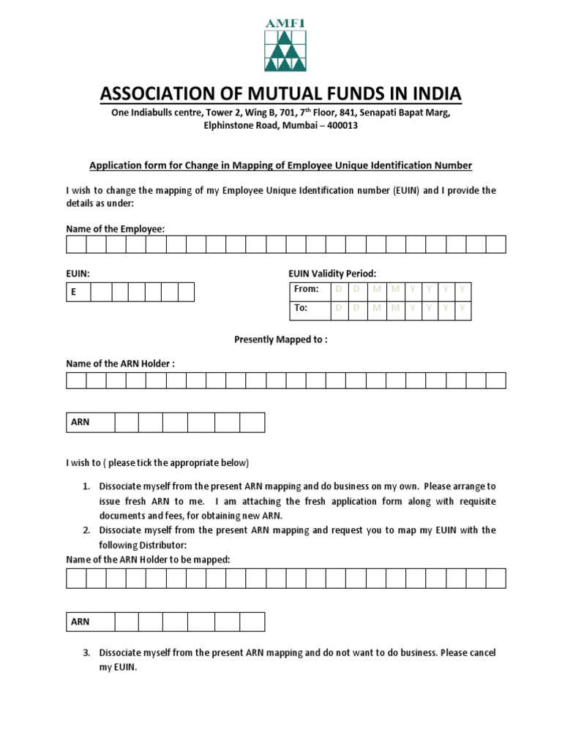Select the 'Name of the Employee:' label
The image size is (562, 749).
(x=116, y=229)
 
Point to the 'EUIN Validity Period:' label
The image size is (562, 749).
(x=332, y=273)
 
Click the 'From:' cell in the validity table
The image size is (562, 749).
(x=307, y=290)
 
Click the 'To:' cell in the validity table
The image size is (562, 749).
(x=307, y=309)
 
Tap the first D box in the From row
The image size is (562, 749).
(x=338, y=290)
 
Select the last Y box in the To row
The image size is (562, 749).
(x=462, y=309)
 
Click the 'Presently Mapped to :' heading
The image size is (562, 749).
(x=280, y=339)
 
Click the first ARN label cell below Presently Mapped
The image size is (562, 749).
(x=90, y=423)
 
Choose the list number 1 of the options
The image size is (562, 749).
(x=86, y=486)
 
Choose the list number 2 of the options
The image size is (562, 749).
(x=86, y=530)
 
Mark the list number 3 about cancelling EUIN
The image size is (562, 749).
(x=86, y=652)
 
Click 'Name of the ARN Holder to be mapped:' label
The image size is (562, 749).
(x=149, y=560)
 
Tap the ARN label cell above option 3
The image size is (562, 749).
(x=90, y=622)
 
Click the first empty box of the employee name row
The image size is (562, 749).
(x=76, y=244)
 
